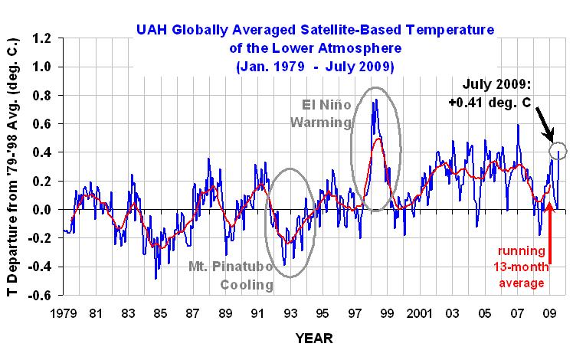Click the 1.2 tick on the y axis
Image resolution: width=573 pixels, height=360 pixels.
point(44,38)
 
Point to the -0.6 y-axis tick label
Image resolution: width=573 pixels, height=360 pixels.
point(42,296)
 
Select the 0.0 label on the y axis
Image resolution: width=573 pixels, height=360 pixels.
point(44,210)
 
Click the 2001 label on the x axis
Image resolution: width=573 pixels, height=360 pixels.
point(420,314)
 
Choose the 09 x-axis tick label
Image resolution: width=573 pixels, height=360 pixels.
point(549,314)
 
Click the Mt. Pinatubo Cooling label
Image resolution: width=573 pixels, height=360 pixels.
point(231,277)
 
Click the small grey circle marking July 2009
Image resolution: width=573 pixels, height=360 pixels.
point(558,151)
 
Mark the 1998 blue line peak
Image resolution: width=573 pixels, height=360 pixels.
point(374,100)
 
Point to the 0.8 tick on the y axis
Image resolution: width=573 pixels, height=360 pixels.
point(44,95)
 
